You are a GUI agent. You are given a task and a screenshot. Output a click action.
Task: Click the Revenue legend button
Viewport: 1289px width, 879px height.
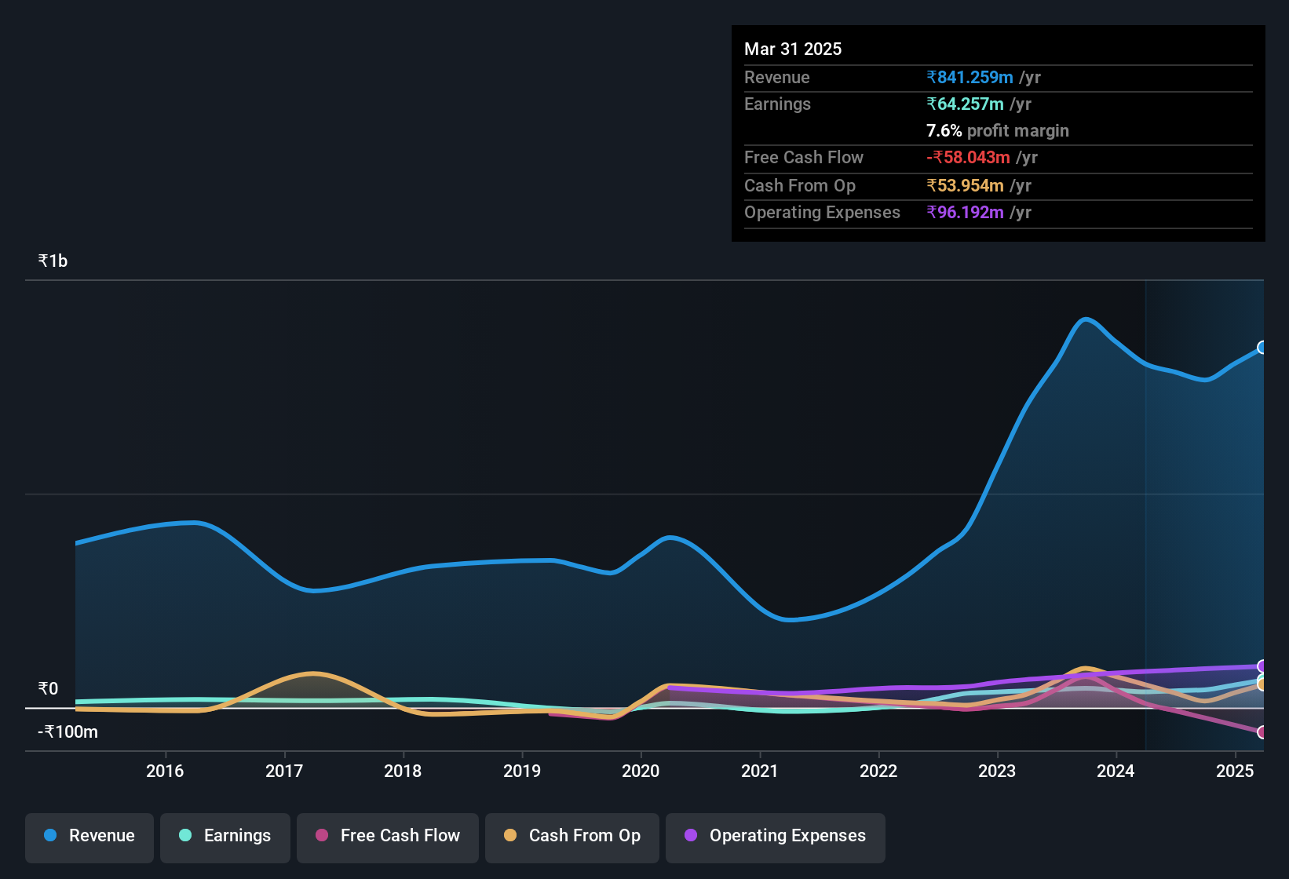[89, 836]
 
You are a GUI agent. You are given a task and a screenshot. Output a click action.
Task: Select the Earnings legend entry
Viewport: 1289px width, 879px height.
[225, 836]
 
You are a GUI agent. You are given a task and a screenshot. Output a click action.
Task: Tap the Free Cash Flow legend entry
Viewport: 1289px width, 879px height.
[388, 836]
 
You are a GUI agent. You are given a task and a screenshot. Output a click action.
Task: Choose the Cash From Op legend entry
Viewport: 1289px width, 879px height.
[572, 836]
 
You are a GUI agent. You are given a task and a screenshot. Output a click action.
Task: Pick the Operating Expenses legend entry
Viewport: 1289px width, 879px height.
[776, 836]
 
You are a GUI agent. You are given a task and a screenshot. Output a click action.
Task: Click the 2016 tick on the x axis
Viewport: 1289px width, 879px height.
[165, 771]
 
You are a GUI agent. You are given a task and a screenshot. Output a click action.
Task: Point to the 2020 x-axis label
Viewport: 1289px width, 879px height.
[641, 771]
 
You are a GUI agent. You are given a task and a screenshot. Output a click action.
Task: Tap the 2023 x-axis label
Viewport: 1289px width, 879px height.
[997, 771]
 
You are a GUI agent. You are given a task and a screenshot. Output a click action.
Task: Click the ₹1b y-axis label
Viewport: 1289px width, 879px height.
[53, 261]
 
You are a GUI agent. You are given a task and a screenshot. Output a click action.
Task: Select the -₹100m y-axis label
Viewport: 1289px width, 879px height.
[68, 732]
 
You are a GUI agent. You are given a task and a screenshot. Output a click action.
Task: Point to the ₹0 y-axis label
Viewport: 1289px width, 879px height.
[48, 689]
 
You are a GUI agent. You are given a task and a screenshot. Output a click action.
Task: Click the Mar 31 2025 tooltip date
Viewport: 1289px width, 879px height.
[793, 49]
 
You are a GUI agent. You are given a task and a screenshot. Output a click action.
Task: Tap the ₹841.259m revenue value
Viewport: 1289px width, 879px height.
[970, 77]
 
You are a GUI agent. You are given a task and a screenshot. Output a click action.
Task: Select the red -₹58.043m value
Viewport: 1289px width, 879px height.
[968, 157]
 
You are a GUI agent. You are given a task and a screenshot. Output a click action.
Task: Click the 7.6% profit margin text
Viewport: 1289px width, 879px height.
[997, 130]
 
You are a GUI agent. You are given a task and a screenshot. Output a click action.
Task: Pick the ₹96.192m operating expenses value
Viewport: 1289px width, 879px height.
[966, 212]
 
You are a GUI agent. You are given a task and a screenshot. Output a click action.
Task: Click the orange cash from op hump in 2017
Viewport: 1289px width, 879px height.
[313, 673]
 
